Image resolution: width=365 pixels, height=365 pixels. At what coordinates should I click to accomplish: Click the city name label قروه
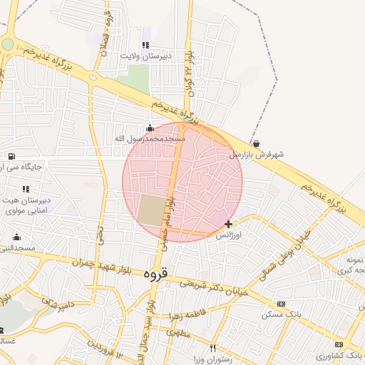155,272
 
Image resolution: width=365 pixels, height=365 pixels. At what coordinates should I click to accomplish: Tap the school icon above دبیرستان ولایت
146,46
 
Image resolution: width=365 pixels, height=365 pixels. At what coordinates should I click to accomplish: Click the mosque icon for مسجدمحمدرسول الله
149,129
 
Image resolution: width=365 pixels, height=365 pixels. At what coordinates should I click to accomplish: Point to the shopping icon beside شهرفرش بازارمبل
256,143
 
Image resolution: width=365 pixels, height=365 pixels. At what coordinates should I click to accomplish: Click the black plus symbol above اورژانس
228,224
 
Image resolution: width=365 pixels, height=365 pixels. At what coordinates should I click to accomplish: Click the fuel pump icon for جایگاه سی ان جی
11,156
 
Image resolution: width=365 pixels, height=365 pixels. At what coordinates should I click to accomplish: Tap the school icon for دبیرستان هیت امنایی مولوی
26,190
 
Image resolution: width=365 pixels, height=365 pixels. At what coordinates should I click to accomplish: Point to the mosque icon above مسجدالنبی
16,237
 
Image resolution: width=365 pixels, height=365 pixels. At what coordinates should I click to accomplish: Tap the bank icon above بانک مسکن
281,304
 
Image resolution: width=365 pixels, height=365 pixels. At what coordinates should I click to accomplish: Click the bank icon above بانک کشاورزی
339,344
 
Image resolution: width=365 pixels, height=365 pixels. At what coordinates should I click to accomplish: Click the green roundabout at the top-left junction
7,44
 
